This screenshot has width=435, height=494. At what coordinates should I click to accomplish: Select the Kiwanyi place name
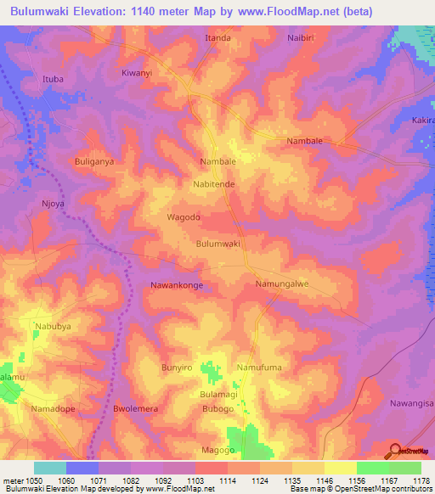137,74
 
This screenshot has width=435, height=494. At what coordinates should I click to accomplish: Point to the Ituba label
54,80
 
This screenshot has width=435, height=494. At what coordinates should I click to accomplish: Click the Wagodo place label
184,217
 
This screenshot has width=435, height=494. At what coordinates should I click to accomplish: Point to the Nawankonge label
177,286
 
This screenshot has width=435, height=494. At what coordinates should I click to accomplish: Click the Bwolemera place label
136,409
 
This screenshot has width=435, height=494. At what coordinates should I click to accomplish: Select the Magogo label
217,450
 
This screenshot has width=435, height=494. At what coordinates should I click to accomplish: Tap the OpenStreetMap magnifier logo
397,452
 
